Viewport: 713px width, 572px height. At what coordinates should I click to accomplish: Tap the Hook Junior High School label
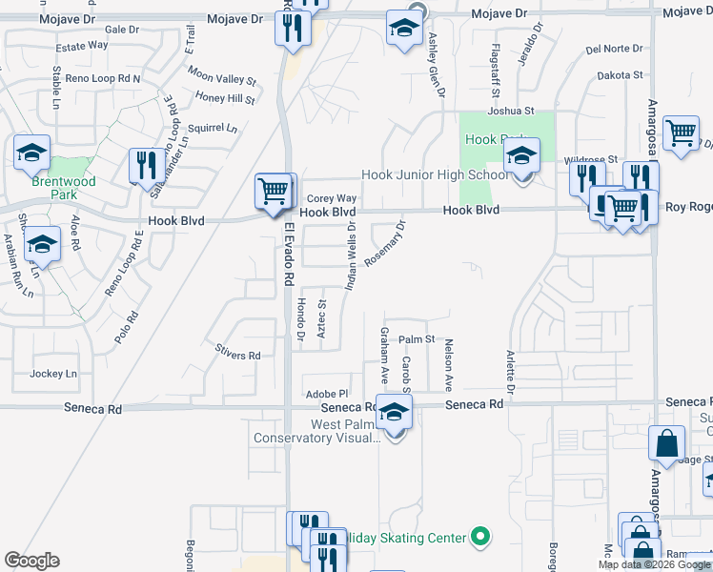tap(434, 174)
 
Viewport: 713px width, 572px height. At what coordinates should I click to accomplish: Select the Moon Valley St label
tap(222, 75)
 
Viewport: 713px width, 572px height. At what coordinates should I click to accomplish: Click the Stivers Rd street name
tap(238, 356)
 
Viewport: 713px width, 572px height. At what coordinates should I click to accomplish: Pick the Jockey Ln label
tap(53, 374)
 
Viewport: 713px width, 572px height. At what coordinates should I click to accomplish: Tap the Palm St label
tap(417, 339)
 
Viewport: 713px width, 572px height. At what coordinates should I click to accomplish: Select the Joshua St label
tap(514, 112)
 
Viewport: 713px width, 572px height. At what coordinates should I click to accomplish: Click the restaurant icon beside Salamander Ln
tap(143, 165)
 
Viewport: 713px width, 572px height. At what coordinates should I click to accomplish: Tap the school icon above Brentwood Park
tap(31, 151)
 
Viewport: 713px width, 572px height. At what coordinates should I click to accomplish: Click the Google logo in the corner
tap(31, 561)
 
